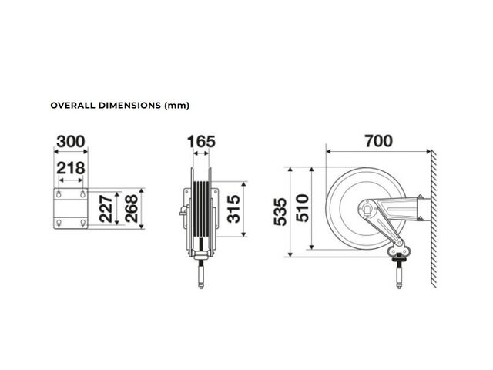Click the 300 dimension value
point(71,142)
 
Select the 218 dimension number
point(71,168)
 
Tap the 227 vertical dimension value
point(106,209)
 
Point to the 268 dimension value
point(131,209)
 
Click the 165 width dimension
point(201,142)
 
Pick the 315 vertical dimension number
point(233,209)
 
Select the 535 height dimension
point(280,212)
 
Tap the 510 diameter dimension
point(303,208)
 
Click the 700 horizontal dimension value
point(378,141)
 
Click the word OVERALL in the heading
point(72,105)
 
